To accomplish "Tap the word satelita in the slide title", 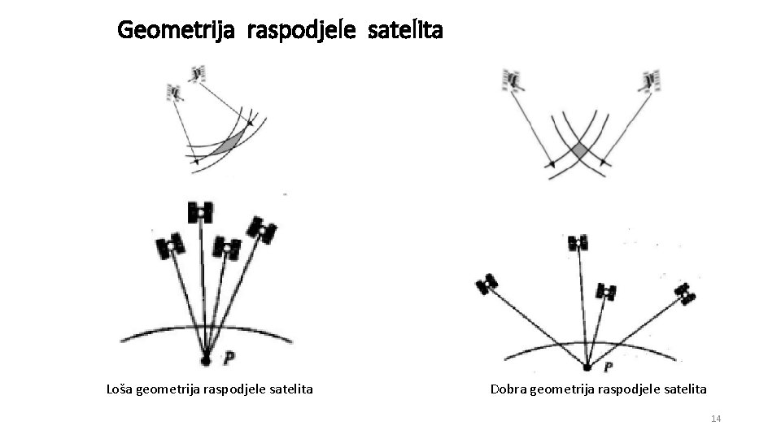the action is tap(404, 31).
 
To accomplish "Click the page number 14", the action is tap(716, 419).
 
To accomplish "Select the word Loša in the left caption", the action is tap(120, 389).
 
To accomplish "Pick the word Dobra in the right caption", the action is tap(508, 389).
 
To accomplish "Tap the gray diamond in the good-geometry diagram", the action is tap(579, 151).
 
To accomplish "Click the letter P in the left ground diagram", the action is tap(230, 357).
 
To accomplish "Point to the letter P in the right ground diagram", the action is tap(608, 367).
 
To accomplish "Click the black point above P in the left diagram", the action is tap(206, 359).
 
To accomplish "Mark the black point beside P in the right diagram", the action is tap(587, 367).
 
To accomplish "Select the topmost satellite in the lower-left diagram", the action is tap(200, 212).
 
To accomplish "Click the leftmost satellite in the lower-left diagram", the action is tap(170, 245).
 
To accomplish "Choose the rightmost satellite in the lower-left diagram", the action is tap(262, 230).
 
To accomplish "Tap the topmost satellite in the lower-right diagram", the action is tap(578, 242).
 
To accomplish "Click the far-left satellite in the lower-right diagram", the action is tap(487, 284).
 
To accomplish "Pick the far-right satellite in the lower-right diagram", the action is tap(686, 293).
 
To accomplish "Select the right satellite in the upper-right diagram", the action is tap(650, 80).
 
